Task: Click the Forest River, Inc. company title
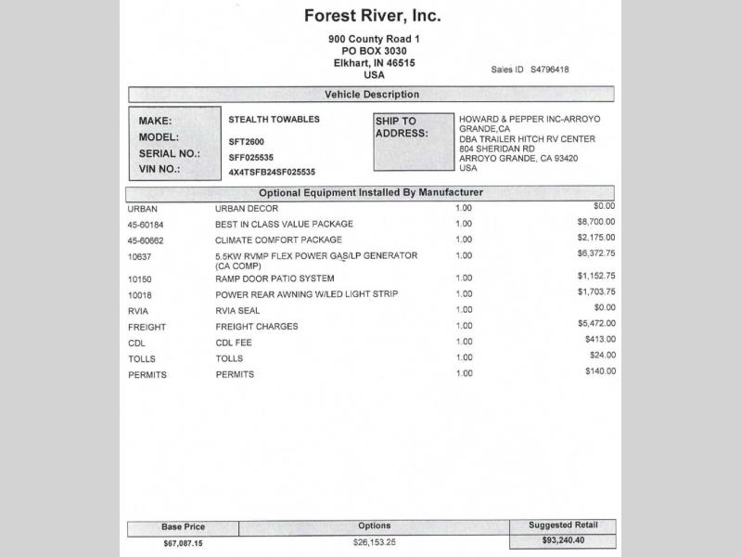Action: tap(372, 16)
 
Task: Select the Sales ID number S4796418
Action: tap(549, 70)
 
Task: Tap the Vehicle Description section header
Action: tap(371, 95)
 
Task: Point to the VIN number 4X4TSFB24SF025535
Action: tap(272, 172)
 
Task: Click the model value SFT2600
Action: tap(246, 142)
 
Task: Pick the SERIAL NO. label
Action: tap(169, 154)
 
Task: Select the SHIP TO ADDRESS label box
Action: tap(414, 141)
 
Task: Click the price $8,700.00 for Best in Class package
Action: tap(595, 223)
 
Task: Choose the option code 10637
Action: tap(139, 256)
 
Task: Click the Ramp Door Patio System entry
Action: tap(275, 278)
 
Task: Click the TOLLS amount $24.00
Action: tap(602, 356)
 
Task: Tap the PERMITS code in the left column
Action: tap(147, 374)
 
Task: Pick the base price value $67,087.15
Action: tap(183, 543)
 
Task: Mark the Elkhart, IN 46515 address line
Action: tap(374, 63)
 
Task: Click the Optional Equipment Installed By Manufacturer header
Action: tap(370, 193)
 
